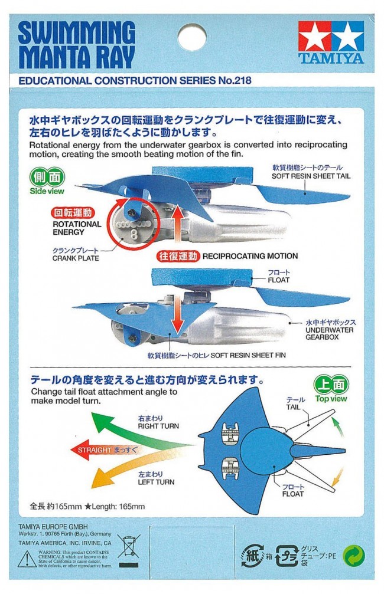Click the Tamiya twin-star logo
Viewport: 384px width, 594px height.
(330, 36)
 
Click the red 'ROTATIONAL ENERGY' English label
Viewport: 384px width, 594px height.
(77, 228)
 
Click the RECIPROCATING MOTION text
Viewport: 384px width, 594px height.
(250, 256)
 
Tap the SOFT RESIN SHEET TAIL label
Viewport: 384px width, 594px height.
(307, 176)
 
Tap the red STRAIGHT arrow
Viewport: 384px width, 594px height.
(106, 449)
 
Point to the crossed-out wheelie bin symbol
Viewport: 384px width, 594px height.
(129, 547)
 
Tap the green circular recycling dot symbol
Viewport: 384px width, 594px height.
(354, 555)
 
